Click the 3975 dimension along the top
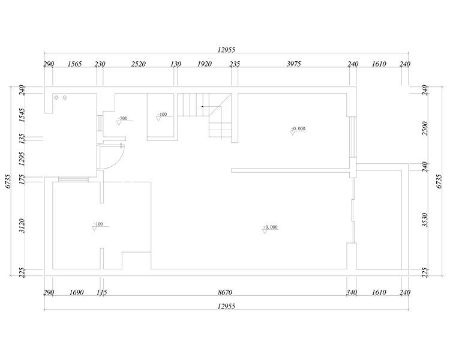(x=293, y=64)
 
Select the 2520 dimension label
(x=139, y=64)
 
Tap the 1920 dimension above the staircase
(x=205, y=64)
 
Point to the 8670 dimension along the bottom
(x=225, y=293)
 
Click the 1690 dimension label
(x=77, y=293)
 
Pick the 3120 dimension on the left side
(x=22, y=226)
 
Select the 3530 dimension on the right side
(x=425, y=220)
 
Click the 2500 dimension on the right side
(x=425, y=128)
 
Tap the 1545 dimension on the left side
(x=22, y=115)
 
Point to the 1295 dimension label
(x=22, y=159)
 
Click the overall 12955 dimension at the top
(x=226, y=50)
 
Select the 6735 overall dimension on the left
(x=8, y=181)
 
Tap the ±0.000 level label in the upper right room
(x=298, y=128)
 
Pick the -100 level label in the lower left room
(x=98, y=224)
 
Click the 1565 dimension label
(x=74, y=64)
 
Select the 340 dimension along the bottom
(x=351, y=293)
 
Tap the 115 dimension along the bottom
(x=101, y=293)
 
